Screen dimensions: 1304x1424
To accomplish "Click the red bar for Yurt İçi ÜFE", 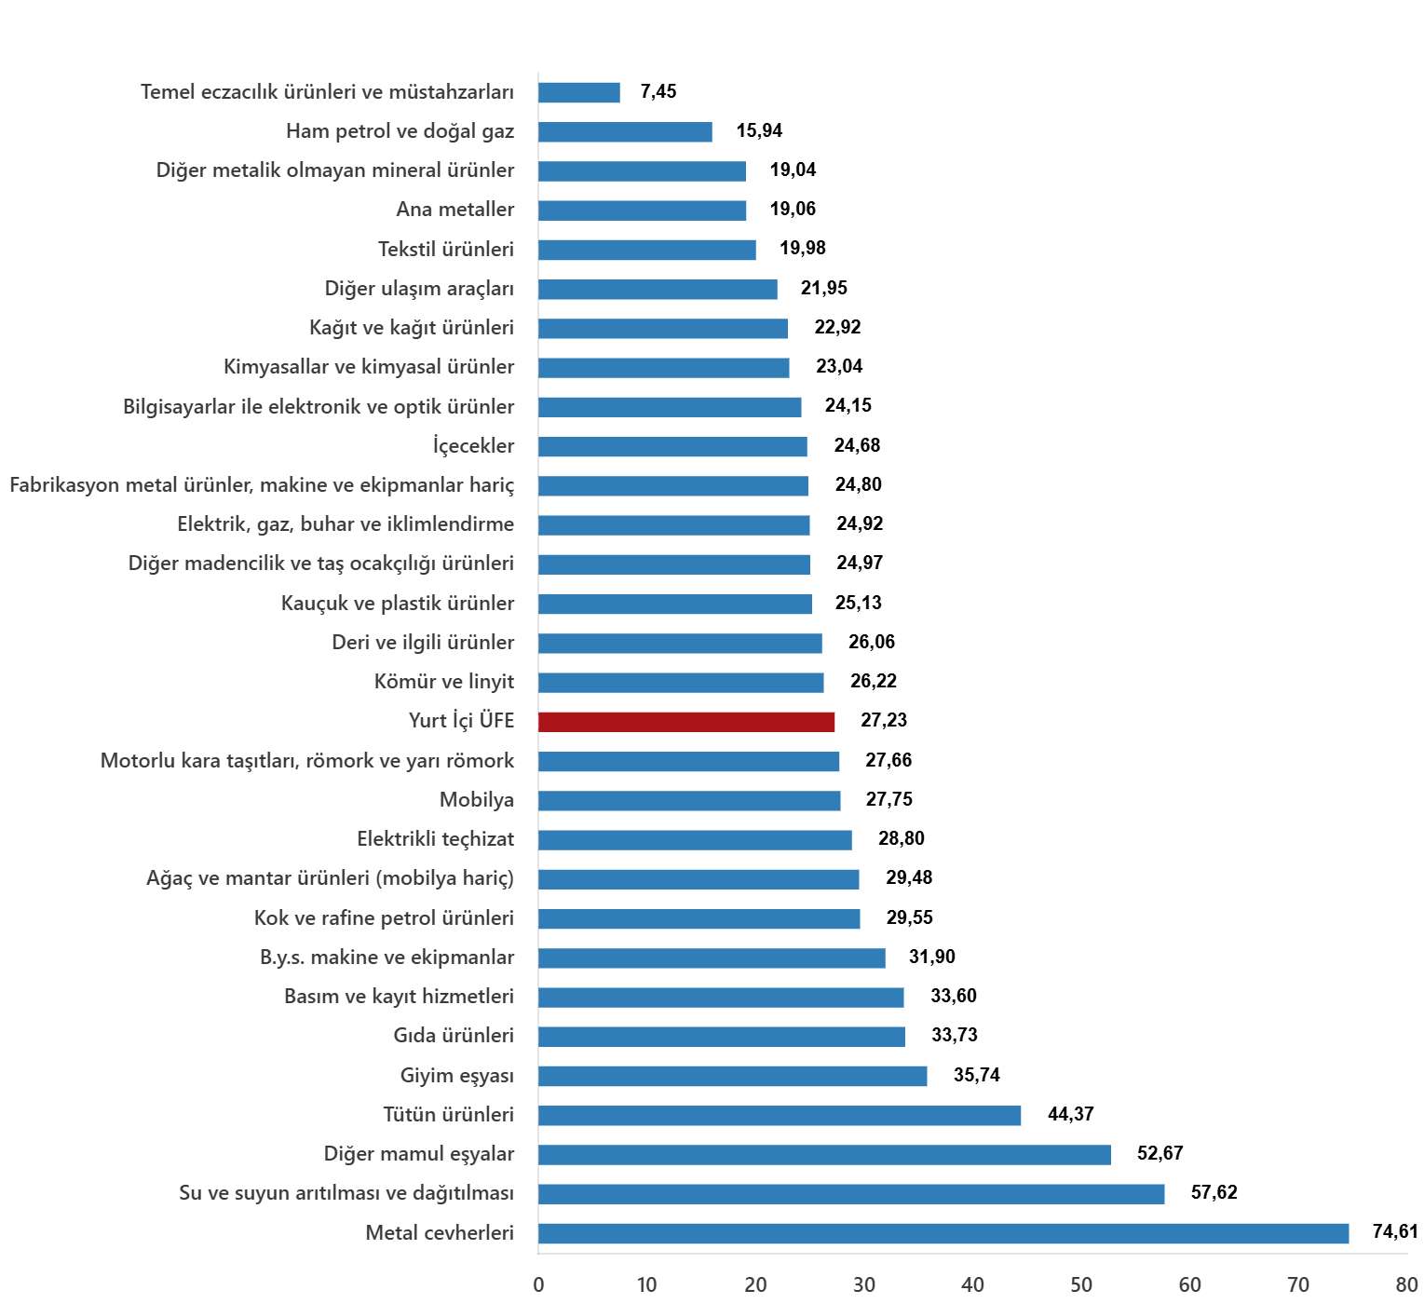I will pos(686,722).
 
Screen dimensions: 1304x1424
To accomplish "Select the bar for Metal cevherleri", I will pos(943,1233).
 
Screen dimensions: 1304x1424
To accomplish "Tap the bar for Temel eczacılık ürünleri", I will pos(579,92).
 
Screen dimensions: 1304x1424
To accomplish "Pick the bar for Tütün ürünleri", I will pos(780,1115).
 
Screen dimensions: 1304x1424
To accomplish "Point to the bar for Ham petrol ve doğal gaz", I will pos(625,131).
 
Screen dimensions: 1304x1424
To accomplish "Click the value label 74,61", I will pos(1395,1231).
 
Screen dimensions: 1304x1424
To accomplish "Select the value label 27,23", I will pos(884,720).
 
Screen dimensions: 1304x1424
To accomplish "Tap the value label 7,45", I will pos(658,91).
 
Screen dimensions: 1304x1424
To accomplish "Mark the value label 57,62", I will pos(1214,1192).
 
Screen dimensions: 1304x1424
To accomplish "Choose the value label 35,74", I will pos(977,1075).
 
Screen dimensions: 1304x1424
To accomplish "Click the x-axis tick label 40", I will pos(972,1284).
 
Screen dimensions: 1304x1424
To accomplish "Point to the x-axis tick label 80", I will pos(1406,1284).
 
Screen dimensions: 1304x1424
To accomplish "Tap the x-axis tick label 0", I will pos(538,1284).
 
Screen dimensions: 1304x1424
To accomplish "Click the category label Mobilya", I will pos(477,799).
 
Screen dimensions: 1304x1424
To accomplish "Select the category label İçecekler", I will pos(473,445).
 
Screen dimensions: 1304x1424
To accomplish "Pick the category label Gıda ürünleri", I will pos(454,1035).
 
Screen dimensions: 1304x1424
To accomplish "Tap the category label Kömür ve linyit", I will pos(444,681).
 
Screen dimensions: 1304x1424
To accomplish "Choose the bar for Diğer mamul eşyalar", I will pos(824,1154).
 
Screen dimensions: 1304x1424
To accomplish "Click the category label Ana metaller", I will pos(455,209).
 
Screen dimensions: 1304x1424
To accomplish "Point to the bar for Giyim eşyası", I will pos(732,1076).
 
